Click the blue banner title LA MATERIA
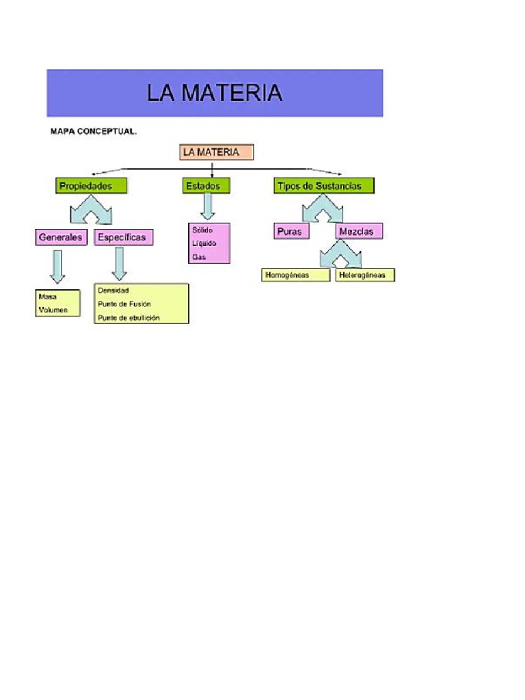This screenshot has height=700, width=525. pos(214,93)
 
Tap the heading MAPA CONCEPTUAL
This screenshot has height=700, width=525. pos(94,131)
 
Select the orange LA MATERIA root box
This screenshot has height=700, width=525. pos(216,152)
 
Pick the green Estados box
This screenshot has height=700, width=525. pos(206,185)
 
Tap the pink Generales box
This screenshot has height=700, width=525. pos(61,237)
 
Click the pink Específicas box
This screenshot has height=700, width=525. pos(123,237)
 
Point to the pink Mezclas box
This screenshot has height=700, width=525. pos(359,231)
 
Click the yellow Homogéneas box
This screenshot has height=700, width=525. pos(295,275)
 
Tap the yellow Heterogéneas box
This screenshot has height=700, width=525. pos(365,275)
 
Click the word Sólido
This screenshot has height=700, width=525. pos(202,230)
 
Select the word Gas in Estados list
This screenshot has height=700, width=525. pos(199,257)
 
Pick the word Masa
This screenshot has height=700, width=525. pos(49,297)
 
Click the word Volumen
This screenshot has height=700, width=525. pos(53,310)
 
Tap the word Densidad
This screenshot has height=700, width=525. pos(113,291)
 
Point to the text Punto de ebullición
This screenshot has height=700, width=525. pos(129,317)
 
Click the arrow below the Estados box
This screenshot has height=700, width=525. pos(208,206)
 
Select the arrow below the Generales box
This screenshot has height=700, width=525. pos(57,266)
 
